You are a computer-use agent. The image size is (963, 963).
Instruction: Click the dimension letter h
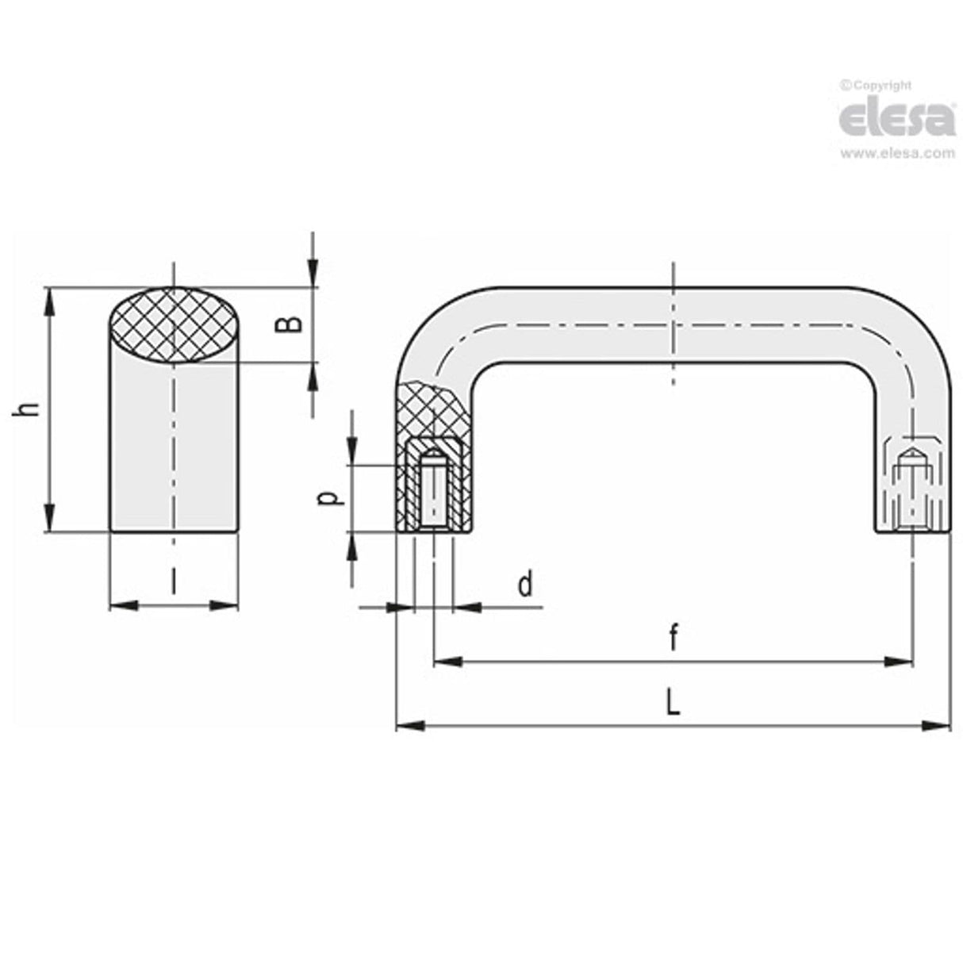click(29, 409)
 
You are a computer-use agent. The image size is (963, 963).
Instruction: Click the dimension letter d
click(524, 585)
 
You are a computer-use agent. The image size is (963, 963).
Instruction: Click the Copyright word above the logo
click(881, 86)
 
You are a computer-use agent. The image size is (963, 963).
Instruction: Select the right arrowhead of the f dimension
click(901, 661)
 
